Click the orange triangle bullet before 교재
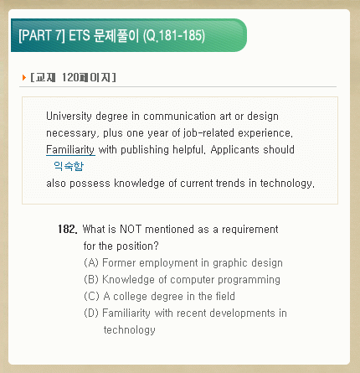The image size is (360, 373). click(24, 77)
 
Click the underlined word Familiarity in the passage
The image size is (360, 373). click(70, 150)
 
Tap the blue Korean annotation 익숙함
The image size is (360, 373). click(69, 166)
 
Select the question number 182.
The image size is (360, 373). click(67, 229)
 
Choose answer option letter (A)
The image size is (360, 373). click(91, 263)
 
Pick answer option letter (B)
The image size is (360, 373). click(91, 280)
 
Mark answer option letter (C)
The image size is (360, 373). click(91, 297)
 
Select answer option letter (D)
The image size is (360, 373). click(91, 313)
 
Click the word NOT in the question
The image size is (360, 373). click(131, 229)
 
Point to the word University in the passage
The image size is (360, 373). click(69, 117)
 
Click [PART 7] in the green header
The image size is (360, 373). click(42, 35)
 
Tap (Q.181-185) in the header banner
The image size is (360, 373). click(174, 35)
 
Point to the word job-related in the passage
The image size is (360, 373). click(208, 133)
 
